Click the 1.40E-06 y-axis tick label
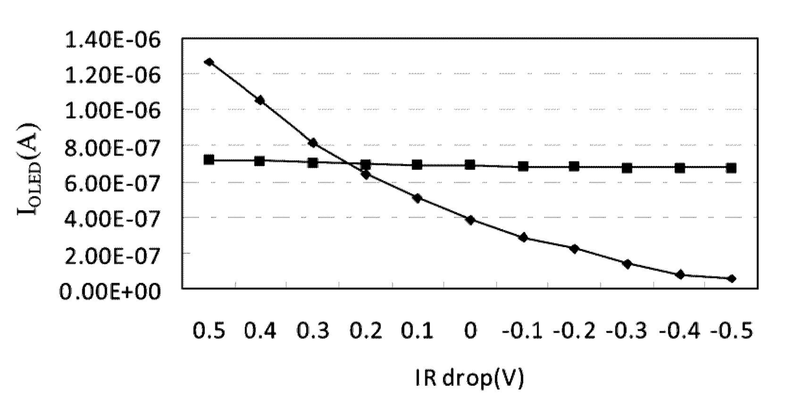(x=113, y=40)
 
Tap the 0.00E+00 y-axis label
(x=110, y=292)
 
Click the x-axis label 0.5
(x=209, y=331)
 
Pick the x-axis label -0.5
(x=732, y=331)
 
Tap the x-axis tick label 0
(x=470, y=331)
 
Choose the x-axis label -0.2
(x=574, y=331)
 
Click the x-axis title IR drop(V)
(x=470, y=378)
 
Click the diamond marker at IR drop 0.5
(x=209, y=62)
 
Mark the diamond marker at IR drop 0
(x=470, y=220)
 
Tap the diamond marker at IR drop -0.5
(x=731, y=279)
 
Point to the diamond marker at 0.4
(x=260, y=100)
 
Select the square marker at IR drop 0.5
(x=209, y=160)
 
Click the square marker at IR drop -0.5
(x=731, y=168)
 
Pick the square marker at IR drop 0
(x=470, y=165)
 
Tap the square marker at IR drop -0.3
(x=627, y=168)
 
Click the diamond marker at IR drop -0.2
(x=574, y=248)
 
